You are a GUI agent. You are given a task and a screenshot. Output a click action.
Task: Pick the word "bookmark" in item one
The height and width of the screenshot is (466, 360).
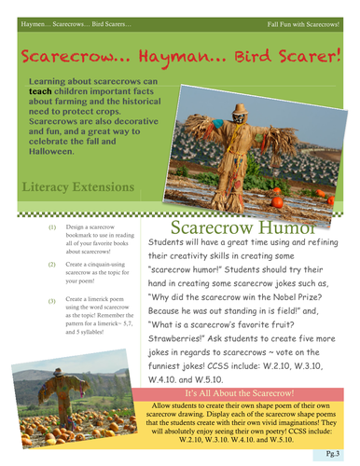pyautogui.click(x=83, y=235)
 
